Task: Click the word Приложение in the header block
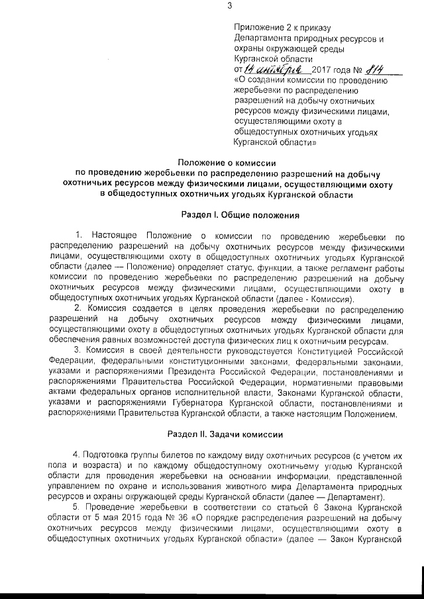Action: (x=257, y=27)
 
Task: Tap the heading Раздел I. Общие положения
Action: (x=241, y=215)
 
